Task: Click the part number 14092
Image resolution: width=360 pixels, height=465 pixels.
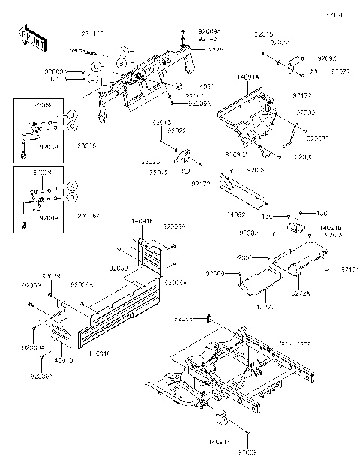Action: pos(236,214)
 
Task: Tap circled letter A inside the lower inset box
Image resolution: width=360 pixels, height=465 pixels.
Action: pos(70,185)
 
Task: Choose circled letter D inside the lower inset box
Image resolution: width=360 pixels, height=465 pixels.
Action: pos(70,196)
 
